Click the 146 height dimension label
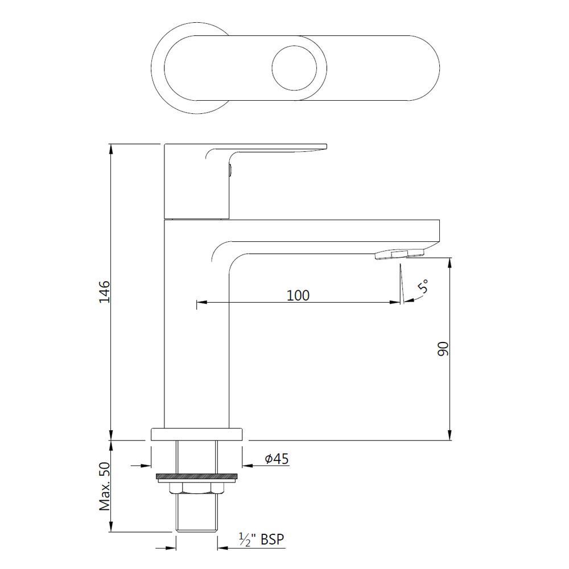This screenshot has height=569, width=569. [105, 291]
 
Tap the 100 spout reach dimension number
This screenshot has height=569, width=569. [298, 295]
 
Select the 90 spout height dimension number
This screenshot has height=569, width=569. [444, 349]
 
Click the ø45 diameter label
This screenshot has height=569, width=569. [277, 459]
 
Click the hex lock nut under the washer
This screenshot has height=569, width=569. [196, 487]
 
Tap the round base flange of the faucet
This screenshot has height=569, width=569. [196, 434]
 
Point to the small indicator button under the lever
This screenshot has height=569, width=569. [230, 169]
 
